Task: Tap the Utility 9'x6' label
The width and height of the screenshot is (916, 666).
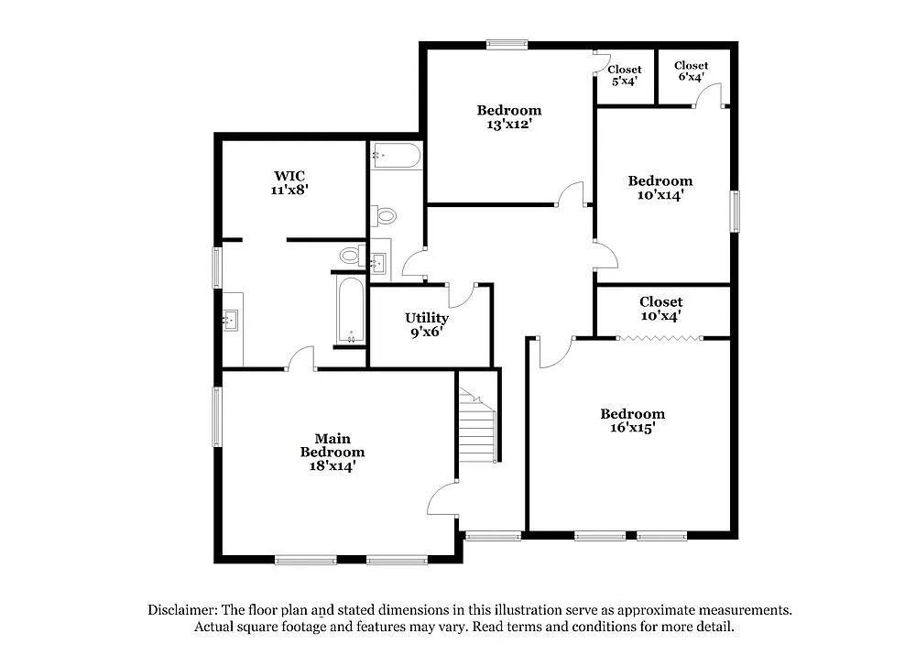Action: tap(426, 325)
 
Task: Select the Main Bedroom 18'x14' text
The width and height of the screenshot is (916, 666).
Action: tap(333, 452)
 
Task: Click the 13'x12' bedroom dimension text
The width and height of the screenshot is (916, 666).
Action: tap(508, 124)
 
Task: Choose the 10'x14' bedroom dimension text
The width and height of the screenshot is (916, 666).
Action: tap(660, 194)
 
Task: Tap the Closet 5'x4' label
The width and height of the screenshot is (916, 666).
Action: tap(625, 75)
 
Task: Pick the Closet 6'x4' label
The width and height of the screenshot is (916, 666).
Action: tap(691, 71)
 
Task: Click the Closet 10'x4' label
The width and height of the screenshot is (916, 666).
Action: tap(660, 309)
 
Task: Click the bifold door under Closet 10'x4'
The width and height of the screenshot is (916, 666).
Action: tap(660, 339)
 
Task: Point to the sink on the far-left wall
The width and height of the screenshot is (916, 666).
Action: tap(232, 320)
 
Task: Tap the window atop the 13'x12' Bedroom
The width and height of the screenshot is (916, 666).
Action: tap(507, 42)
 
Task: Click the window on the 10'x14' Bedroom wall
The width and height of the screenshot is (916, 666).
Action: tap(734, 212)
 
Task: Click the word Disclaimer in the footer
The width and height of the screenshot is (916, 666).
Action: tap(182, 610)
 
